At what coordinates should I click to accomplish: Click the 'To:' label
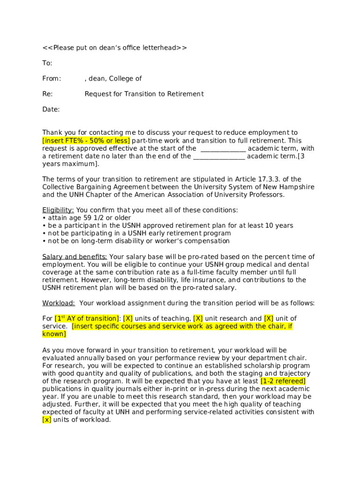(47, 63)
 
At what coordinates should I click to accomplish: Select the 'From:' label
(51, 79)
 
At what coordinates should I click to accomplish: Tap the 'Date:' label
(51, 109)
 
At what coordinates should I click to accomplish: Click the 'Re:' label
(48, 94)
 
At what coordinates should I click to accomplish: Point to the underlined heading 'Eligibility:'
(58, 210)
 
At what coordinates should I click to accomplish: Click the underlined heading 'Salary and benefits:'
(75, 257)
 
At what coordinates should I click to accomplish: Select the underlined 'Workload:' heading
(59, 303)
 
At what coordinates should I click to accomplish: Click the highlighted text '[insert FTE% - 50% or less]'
(86, 141)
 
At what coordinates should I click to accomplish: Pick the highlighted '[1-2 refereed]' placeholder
(283, 381)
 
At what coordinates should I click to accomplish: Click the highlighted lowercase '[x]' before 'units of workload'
(47, 420)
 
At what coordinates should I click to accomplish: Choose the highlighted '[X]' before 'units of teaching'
(128, 319)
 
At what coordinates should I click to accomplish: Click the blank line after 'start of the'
(223, 149)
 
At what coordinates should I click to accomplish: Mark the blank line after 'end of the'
(219, 156)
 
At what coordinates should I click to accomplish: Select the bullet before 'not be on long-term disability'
(44, 241)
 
